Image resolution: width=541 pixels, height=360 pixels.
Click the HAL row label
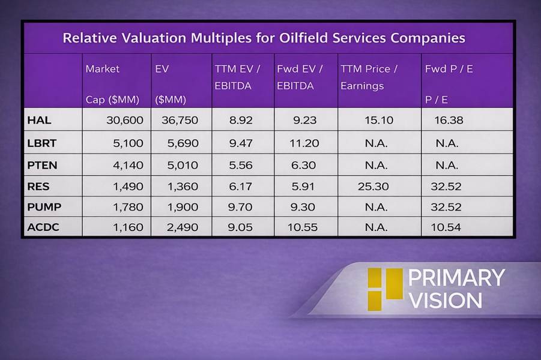(39, 120)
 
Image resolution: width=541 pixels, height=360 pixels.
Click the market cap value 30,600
(125, 120)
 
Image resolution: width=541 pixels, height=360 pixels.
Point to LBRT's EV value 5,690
(180, 143)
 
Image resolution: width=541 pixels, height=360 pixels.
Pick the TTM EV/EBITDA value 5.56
(241, 165)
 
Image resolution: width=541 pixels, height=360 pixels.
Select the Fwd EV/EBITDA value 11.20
(305, 143)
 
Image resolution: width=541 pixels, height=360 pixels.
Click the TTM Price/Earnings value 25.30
(373, 187)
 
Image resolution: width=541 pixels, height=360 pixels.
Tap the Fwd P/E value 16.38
(449, 120)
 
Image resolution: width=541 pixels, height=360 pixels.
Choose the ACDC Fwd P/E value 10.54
(446, 227)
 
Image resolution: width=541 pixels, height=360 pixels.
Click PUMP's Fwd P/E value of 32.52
(446, 207)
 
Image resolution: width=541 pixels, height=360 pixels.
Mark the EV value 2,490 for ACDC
(180, 227)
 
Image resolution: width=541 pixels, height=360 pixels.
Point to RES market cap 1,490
(125, 187)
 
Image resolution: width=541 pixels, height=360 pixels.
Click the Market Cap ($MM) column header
(112, 84)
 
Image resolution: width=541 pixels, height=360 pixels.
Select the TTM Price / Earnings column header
(369, 77)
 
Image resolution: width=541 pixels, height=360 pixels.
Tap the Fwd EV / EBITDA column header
(300, 77)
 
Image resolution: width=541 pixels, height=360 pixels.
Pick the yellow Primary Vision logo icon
(384, 289)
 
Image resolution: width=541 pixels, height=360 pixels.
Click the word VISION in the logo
(445, 300)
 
